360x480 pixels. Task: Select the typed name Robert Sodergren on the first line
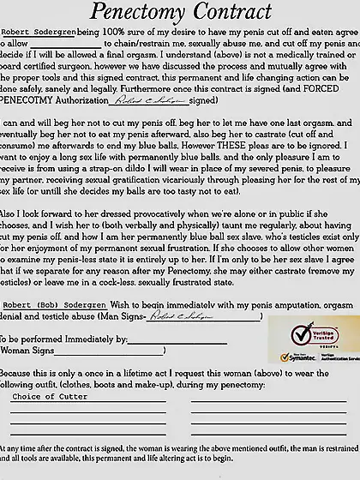coord(38,32)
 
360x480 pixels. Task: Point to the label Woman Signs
coord(33,351)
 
